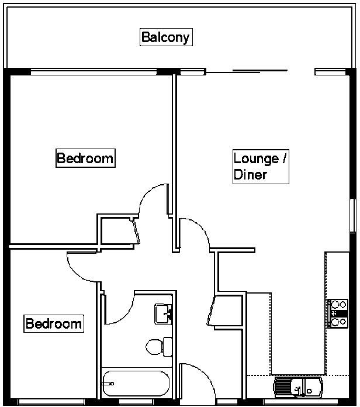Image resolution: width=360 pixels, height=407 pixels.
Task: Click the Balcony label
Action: tap(166, 37)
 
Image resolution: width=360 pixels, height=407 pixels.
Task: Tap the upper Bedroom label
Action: tap(85, 158)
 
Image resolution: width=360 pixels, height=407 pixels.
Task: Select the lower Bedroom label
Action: tap(53, 323)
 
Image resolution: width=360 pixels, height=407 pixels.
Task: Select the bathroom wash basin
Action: tap(162, 313)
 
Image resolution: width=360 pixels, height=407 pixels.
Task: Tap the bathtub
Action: tap(135, 384)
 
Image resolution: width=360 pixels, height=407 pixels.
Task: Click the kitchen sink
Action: tap(298, 387)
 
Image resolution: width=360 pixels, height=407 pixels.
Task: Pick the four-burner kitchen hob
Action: tap(338, 313)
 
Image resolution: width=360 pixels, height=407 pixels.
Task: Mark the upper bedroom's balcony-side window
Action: tap(94, 72)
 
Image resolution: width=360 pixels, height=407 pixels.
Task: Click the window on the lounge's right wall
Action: tap(352, 216)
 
